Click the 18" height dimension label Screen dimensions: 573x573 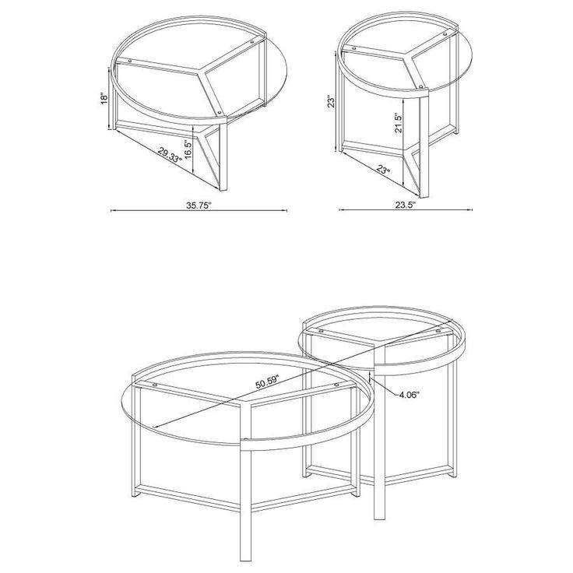point(104,99)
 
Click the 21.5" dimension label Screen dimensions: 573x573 point(399,124)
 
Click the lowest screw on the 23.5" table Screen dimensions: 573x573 point(421,85)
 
